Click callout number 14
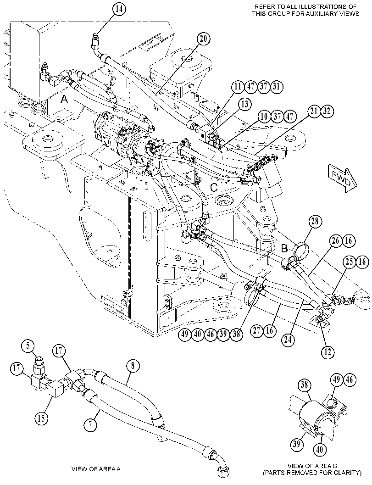pyautogui.click(x=119, y=9)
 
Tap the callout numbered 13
pyautogui.click(x=244, y=104)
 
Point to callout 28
pyautogui.click(x=315, y=222)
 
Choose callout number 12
pyautogui.click(x=328, y=351)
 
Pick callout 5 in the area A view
pyautogui.click(x=28, y=346)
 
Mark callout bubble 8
pyautogui.click(x=133, y=366)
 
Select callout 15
pyautogui.click(x=41, y=418)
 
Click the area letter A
pyautogui.click(x=64, y=100)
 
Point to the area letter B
pyautogui.click(x=284, y=248)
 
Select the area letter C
pyautogui.click(x=214, y=187)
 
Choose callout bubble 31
pyautogui.click(x=277, y=87)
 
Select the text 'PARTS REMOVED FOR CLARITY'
pyautogui.click(x=312, y=473)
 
